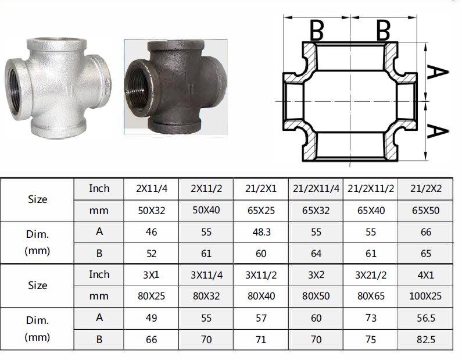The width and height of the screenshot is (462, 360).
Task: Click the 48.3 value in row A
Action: [x=262, y=232]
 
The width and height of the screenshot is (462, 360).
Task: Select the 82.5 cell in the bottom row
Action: [x=426, y=340]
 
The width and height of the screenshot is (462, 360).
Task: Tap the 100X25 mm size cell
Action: [x=425, y=296]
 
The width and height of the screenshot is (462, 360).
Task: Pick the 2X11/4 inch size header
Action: [x=152, y=188]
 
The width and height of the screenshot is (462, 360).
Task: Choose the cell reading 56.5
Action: [x=426, y=318]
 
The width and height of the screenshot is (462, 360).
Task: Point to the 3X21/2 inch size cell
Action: [x=371, y=275]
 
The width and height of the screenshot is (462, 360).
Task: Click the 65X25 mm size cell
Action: [x=261, y=211]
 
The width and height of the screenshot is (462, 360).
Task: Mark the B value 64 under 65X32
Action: [x=316, y=254]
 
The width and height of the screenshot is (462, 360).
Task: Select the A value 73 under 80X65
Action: [x=371, y=318]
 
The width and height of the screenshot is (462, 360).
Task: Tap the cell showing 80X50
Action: [x=316, y=296]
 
